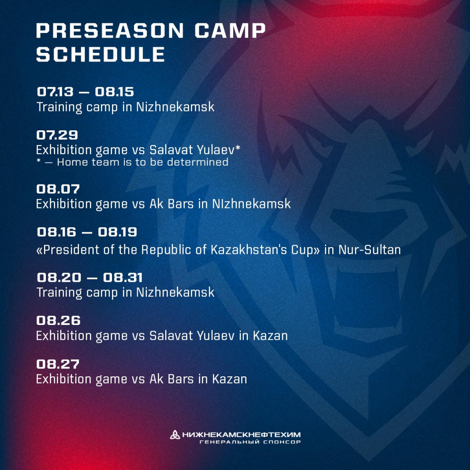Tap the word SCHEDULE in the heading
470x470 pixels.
101,55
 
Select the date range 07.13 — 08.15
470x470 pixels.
85,91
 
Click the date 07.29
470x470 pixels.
57,135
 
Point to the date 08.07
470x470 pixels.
58,189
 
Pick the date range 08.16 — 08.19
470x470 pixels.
87,232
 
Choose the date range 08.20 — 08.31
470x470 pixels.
90,277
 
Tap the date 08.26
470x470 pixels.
58,320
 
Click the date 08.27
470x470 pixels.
58,364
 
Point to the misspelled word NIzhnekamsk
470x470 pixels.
252,203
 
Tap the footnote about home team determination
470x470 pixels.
132,162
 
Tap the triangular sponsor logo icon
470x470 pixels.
175,434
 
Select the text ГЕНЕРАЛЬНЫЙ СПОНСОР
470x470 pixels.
250,442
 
